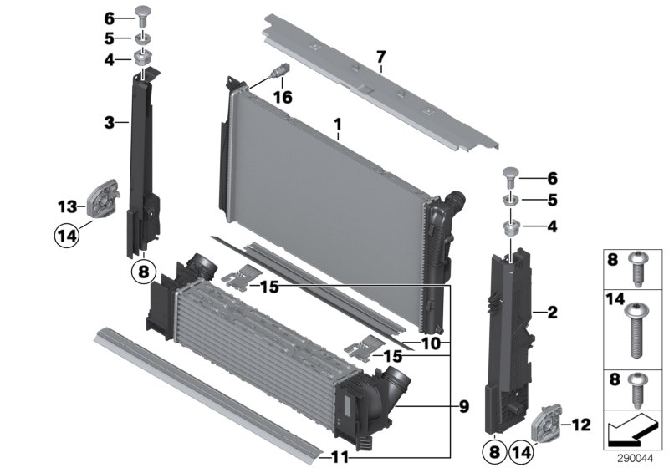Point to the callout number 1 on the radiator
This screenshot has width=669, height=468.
point(338,126)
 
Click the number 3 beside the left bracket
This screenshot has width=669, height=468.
point(109,123)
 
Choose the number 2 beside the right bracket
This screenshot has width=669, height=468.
point(552,313)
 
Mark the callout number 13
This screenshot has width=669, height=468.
point(65,206)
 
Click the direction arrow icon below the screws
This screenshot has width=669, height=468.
point(629,431)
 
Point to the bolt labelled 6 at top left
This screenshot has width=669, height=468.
point(143,16)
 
